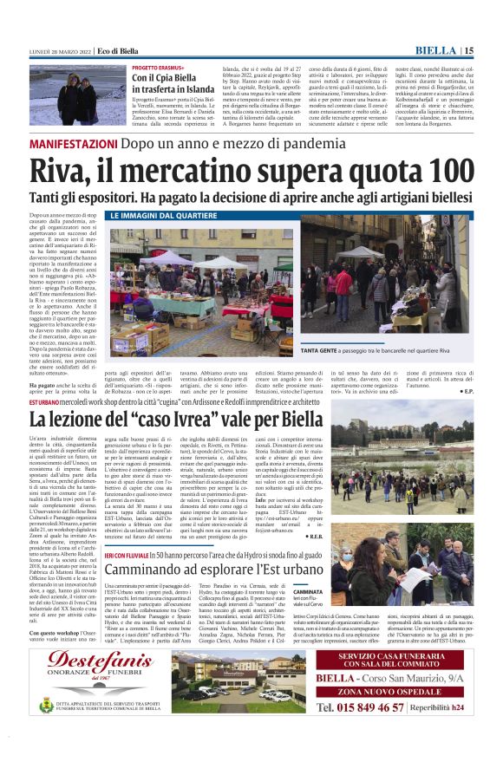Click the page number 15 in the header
click(x=469, y=51)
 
